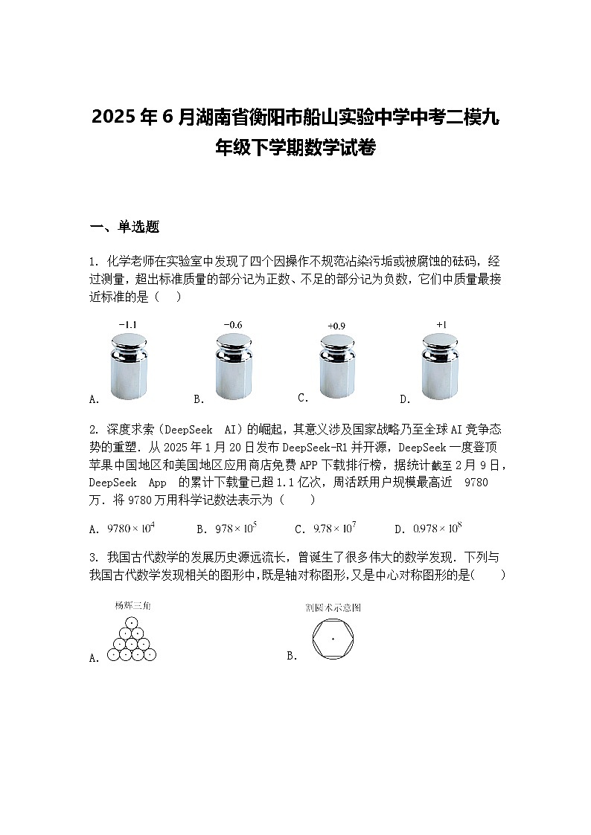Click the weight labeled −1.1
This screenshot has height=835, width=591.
[130, 366]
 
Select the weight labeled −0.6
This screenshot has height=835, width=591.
[233, 366]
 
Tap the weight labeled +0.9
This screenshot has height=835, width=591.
[336, 366]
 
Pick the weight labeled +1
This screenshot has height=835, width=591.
[440, 366]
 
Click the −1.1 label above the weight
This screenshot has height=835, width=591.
[128, 325]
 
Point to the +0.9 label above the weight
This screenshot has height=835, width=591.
[336, 326]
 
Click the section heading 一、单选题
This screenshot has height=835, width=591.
[124, 228]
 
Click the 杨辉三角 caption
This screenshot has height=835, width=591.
[132, 606]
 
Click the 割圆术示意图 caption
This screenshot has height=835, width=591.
[333, 607]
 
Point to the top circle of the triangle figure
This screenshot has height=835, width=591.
[132, 623]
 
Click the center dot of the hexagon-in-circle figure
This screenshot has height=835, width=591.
[333, 639]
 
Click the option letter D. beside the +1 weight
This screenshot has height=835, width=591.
[405, 399]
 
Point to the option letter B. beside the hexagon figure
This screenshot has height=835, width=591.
[292, 656]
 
